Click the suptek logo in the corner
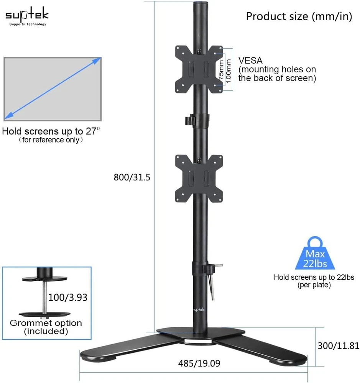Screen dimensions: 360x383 [27, 16]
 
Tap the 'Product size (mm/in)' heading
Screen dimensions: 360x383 [299, 16]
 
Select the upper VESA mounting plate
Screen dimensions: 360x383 [199, 69]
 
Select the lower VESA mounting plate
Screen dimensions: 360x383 [199, 178]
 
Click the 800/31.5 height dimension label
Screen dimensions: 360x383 [132, 177]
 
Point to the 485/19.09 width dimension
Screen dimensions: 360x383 [199, 363]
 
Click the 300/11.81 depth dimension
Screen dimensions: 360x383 [338, 345]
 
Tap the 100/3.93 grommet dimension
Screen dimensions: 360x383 [68, 297]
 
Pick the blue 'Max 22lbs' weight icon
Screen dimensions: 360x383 [315, 253]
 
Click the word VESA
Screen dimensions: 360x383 [250, 61]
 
